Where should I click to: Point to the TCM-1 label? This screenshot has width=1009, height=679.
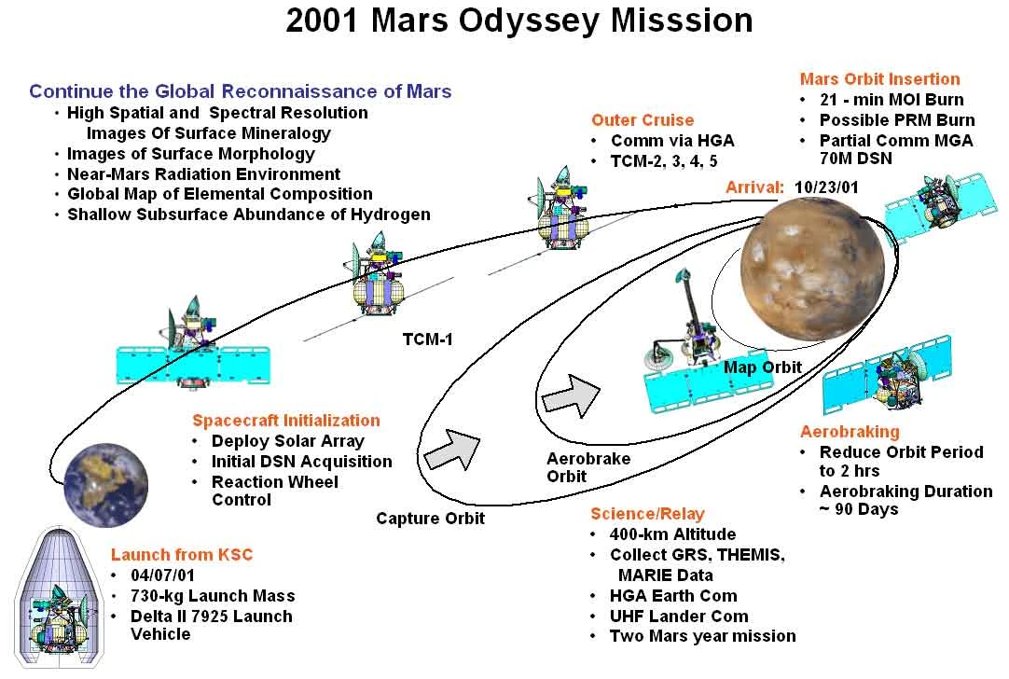[x=427, y=339]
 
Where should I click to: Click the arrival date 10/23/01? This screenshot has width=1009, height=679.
[x=826, y=187]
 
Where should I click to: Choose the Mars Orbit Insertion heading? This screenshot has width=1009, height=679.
[x=879, y=79]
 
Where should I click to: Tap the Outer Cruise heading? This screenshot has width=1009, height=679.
[x=643, y=120]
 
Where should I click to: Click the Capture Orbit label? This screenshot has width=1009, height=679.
[x=430, y=518]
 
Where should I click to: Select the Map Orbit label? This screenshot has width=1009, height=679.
[x=762, y=367]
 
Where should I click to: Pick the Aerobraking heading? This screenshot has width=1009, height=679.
[x=850, y=432]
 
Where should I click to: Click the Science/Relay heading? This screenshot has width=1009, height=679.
[x=647, y=514]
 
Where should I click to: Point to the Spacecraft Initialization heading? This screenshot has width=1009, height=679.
[x=286, y=421]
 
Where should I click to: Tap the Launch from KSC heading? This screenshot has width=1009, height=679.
[x=182, y=554]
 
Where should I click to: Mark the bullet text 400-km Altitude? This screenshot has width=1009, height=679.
[x=672, y=534]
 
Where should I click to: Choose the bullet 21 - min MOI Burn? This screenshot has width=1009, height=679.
[x=892, y=100]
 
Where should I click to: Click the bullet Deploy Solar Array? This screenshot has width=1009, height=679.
[x=287, y=441]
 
